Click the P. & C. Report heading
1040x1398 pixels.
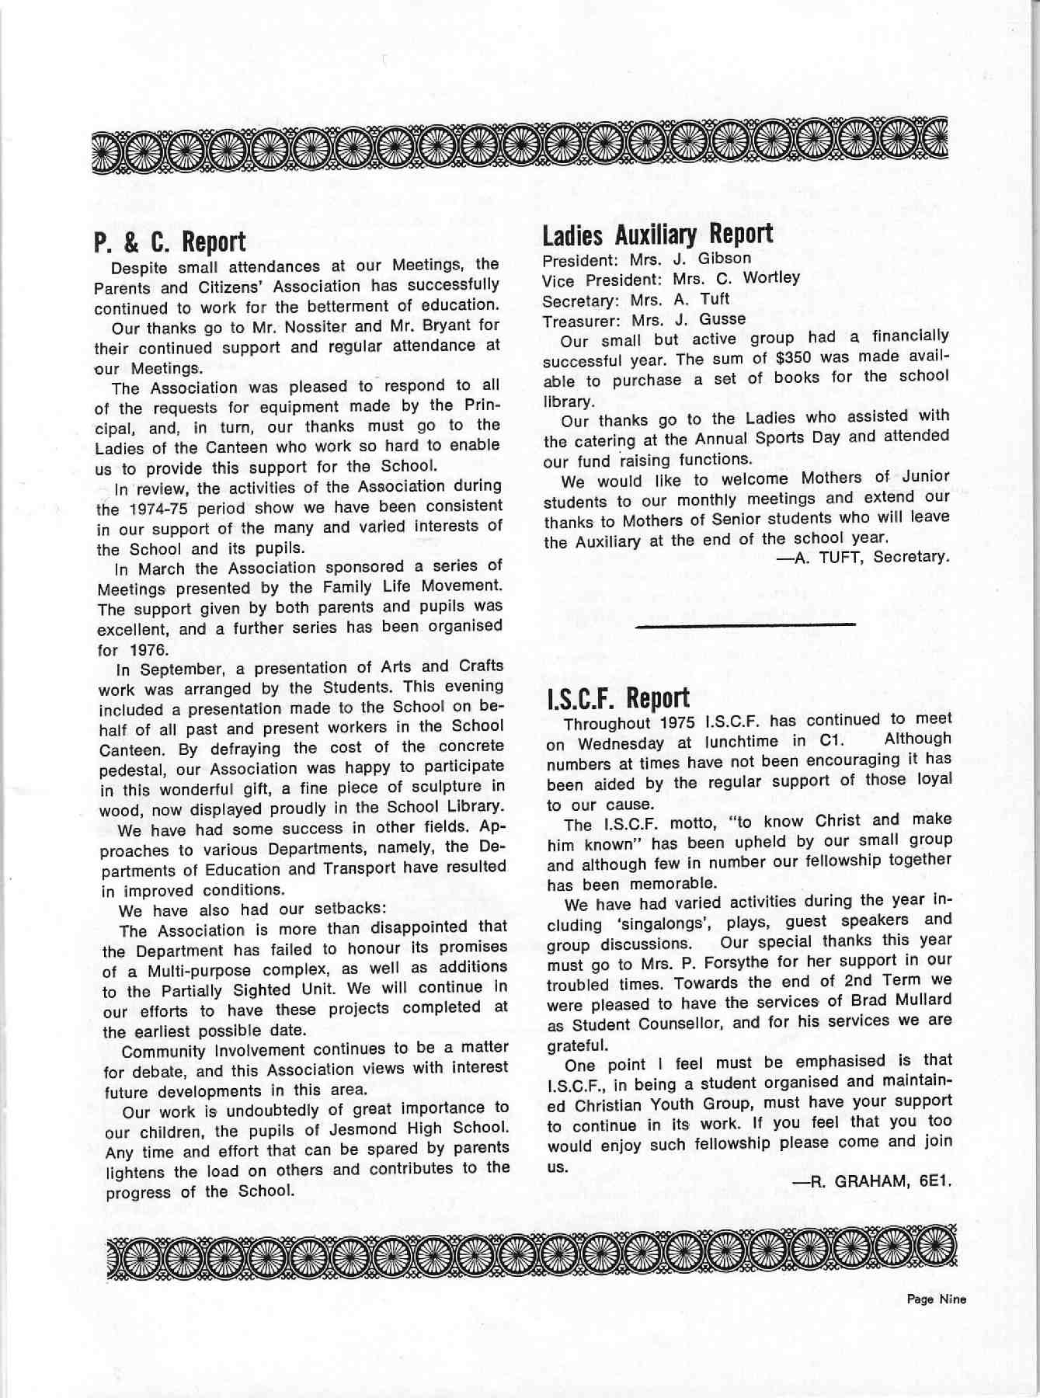tap(170, 242)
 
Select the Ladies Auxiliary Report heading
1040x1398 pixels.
tap(657, 233)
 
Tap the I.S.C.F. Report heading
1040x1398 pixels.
tap(618, 697)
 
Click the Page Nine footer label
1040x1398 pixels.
tap(936, 1299)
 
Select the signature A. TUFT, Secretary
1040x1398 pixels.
tap(866, 557)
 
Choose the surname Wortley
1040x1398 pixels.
tap(771, 278)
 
